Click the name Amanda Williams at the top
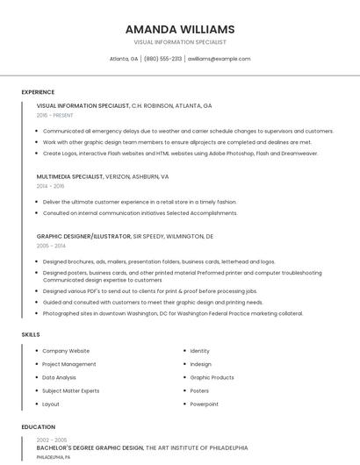180,29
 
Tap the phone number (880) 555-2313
162,59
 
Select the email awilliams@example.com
220,59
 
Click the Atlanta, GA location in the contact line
123,59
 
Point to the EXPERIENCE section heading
38,92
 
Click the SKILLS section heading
31,334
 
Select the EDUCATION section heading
38,427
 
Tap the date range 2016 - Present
55,115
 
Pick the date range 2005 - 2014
50,246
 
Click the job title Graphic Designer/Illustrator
83,236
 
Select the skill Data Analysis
59,377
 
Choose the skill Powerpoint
204,404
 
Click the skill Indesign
200,364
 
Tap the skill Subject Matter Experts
71,390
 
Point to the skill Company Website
66,351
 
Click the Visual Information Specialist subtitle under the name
180,42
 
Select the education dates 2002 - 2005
52,440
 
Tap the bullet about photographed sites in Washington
172,313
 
